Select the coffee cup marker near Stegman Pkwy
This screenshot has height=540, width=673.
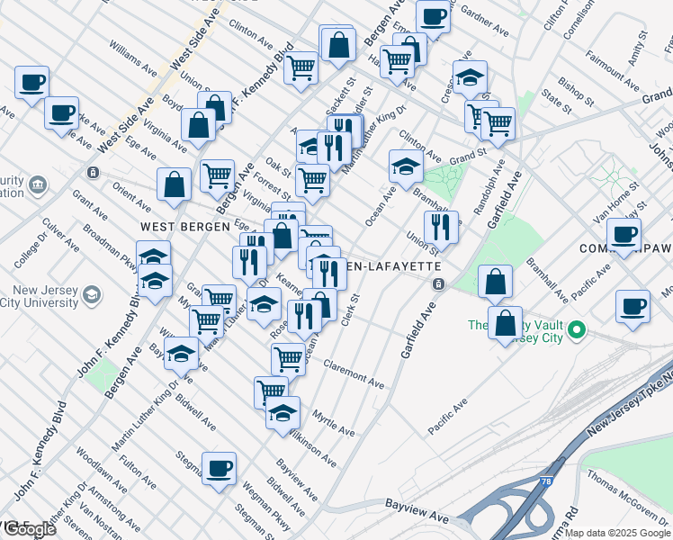tap(219, 467)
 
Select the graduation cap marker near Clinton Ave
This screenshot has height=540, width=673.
tap(406, 165)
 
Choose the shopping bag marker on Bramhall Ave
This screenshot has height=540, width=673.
tap(495, 281)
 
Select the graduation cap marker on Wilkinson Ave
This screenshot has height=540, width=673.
tap(283, 413)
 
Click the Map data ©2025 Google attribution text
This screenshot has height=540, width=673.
tap(618, 533)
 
